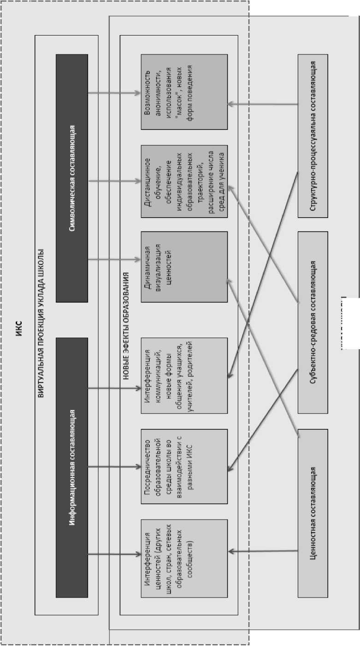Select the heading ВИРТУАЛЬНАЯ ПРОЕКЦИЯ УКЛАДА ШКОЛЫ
pyautogui.click(x=41, y=323)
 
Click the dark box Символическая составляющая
pyautogui.click(x=71, y=178)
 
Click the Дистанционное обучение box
pyautogui.click(x=184, y=181)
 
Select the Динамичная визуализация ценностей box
pyautogui.click(x=184, y=267)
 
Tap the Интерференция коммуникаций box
pyautogui.click(x=184, y=376)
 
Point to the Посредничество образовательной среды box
pyautogui.click(x=184, y=467)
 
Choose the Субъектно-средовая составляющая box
pyautogui.click(x=313, y=323)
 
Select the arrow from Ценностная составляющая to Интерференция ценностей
pyautogui.click(x=263, y=551)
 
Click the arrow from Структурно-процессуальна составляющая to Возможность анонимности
pyautogui.click(x=263, y=104)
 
